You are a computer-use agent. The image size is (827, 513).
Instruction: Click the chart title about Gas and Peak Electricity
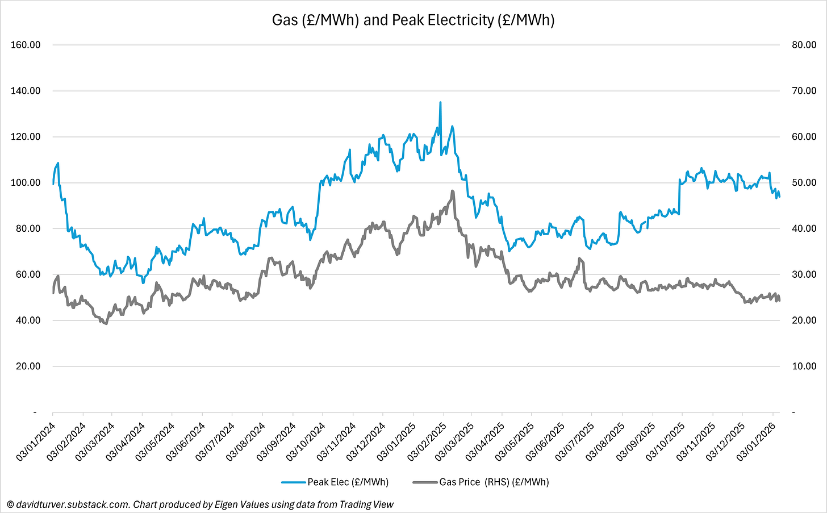(413, 20)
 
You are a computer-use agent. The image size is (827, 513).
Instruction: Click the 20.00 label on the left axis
(26, 366)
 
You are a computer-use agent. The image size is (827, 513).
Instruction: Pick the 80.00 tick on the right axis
(804, 45)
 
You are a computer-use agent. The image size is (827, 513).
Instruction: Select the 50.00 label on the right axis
(804, 183)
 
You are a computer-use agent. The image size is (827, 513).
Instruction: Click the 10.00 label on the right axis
(804, 366)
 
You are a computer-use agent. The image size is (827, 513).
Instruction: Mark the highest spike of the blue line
(440, 103)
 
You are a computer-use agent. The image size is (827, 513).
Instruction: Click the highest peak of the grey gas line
(452, 191)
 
